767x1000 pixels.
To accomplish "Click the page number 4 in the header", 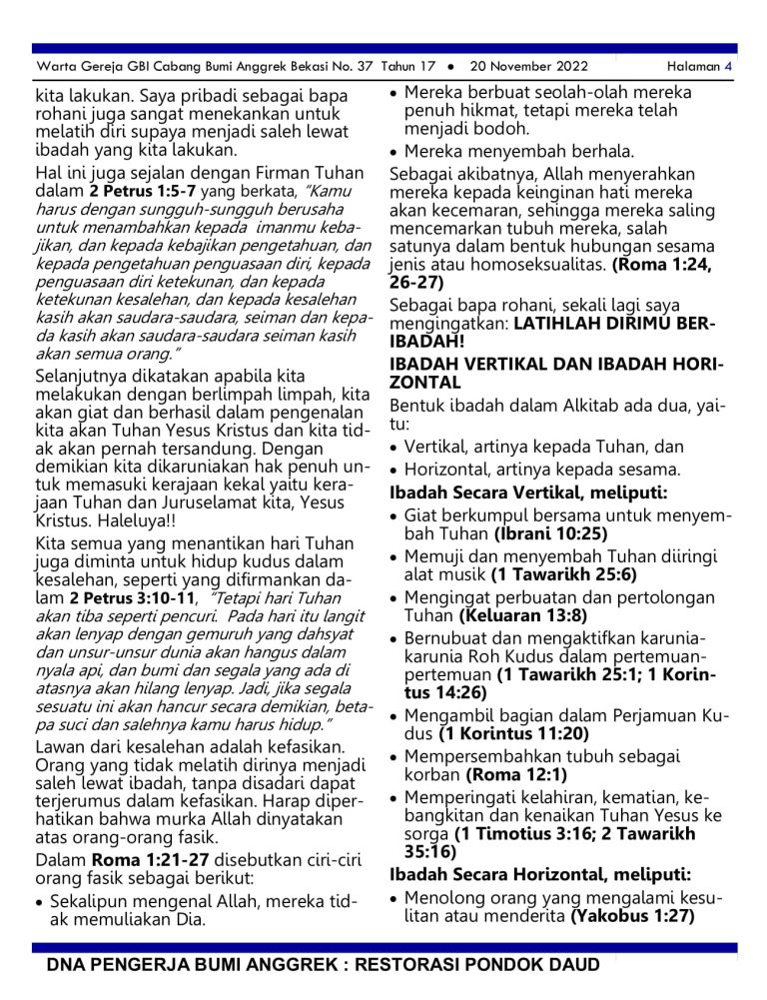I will click(x=729, y=67).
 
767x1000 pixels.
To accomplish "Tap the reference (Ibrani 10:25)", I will click(x=550, y=533).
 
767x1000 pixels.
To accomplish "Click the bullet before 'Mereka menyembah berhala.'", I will click(x=395, y=153).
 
